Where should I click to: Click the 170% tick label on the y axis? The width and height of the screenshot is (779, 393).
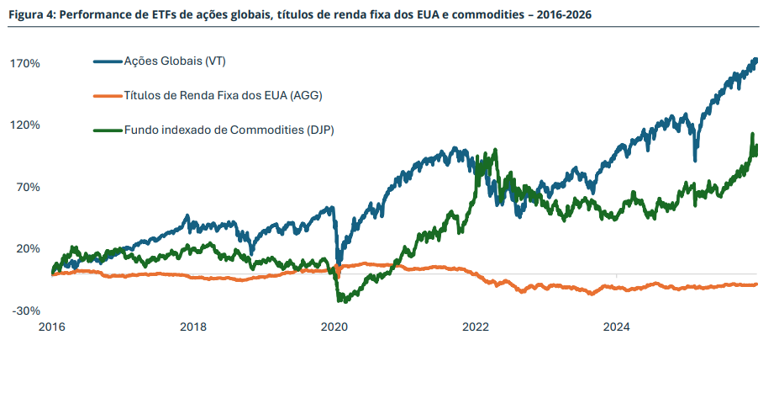[26, 63]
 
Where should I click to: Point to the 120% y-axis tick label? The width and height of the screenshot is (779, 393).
[26, 125]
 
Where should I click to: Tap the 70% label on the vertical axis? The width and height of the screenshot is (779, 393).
[29, 187]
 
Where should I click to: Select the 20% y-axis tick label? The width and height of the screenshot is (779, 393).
[29, 249]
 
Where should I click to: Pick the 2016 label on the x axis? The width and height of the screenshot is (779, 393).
[52, 327]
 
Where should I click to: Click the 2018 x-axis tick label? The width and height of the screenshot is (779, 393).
[193, 327]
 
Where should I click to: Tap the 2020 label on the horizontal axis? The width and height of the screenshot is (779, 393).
[334, 327]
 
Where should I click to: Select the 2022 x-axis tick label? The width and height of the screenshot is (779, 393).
[476, 327]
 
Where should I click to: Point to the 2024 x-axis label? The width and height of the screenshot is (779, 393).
[617, 327]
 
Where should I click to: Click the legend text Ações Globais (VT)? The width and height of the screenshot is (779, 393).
[175, 61]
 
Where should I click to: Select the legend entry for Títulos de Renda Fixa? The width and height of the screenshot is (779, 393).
[223, 96]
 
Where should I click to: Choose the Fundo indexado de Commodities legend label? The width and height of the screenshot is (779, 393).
[229, 130]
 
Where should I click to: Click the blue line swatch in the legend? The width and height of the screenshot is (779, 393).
[107, 61]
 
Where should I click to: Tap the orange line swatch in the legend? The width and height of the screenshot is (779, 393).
[107, 96]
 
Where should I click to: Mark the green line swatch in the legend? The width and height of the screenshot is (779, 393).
[107, 130]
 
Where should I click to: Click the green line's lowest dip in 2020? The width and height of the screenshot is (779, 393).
[341, 300]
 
